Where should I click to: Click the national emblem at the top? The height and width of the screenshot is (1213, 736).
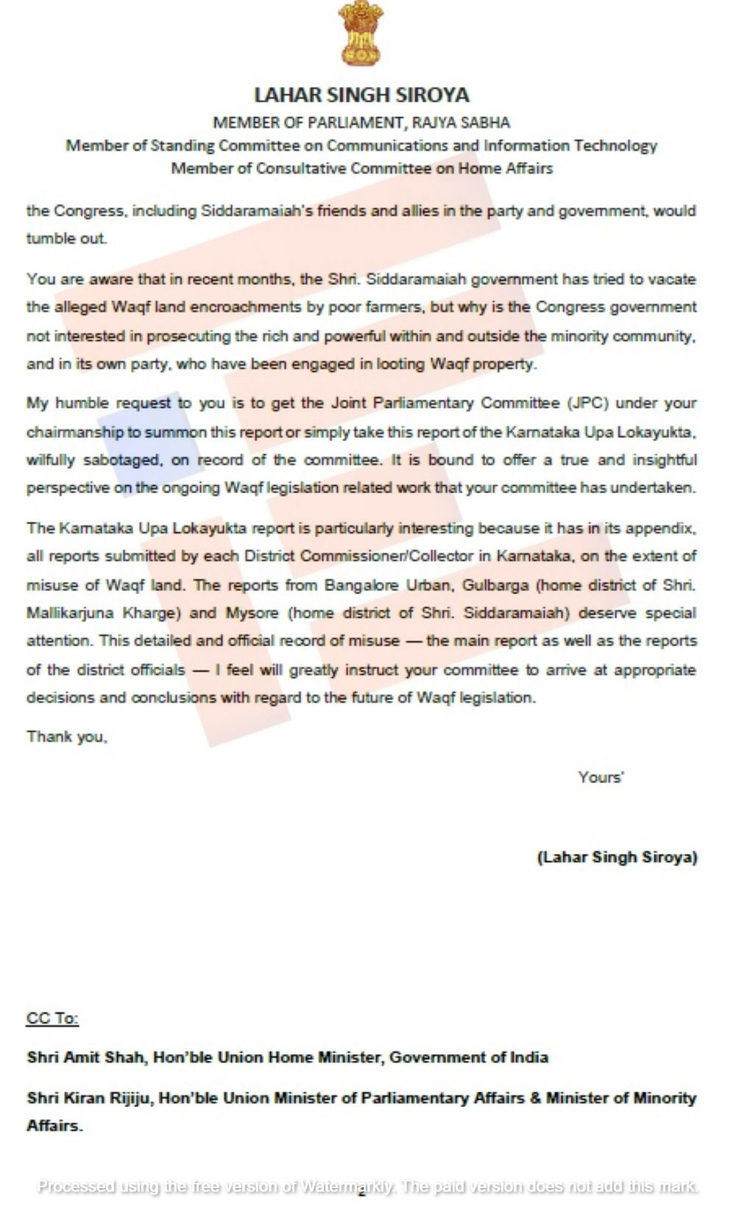361,34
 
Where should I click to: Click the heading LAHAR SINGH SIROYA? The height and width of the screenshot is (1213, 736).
361,95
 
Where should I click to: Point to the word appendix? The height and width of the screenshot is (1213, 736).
668,528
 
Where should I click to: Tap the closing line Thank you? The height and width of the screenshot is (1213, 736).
67,736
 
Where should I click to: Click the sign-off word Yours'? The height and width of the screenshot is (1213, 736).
601,777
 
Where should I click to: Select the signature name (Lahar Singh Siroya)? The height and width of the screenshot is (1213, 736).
617,857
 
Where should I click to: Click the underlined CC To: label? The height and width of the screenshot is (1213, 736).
52,1018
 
